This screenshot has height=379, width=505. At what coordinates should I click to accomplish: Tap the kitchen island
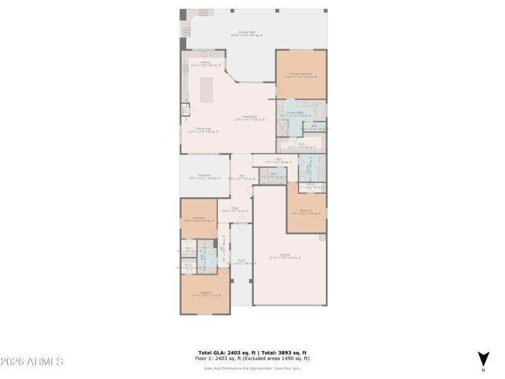tap(206, 90)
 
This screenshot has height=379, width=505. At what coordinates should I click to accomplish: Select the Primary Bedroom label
tap(300, 75)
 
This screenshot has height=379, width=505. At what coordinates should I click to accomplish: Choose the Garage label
tap(289, 256)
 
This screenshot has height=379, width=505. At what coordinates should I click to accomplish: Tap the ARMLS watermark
tap(32, 361)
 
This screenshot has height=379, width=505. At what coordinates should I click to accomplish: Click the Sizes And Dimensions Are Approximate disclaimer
tap(252, 368)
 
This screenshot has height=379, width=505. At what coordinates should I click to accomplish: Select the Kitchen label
tap(206, 63)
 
